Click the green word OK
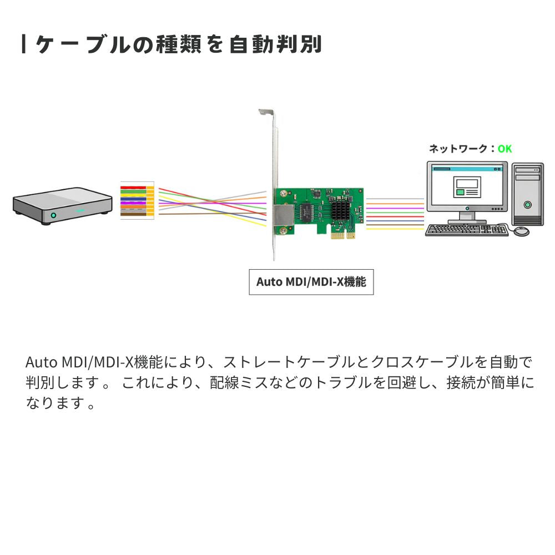click(504, 149)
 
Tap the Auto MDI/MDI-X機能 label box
click(311, 282)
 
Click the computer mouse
click(521, 231)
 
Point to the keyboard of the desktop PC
click(467, 230)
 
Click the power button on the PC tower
click(528, 205)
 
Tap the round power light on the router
click(53, 215)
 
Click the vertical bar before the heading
click(23, 44)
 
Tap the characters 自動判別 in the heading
click(275, 44)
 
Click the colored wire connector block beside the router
click(137, 200)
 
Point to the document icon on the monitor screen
click(467, 187)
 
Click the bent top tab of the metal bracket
click(266, 112)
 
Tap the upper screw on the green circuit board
click(283, 194)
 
